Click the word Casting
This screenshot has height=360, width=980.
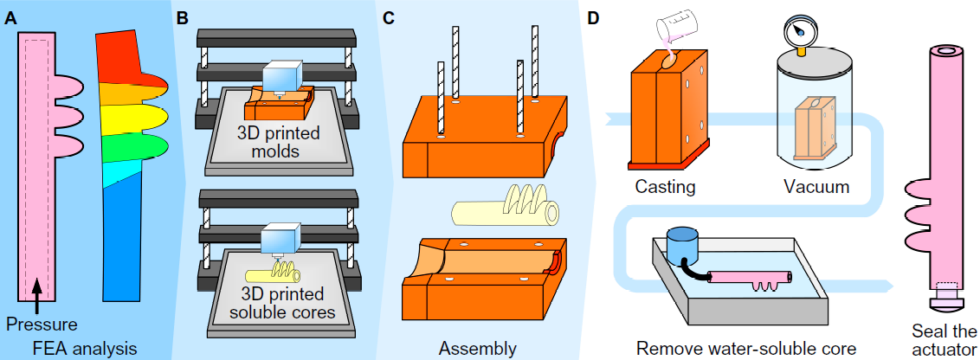click(x=665, y=186)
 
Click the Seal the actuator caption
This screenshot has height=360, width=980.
click(x=943, y=340)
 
